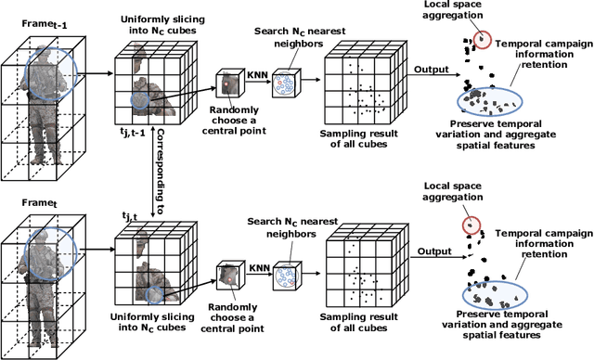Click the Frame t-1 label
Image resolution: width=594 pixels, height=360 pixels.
(x=45, y=24)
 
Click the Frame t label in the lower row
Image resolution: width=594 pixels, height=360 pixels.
(x=39, y=203)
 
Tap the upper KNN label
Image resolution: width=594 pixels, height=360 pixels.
(x=258, y=75)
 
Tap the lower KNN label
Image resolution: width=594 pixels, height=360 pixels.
(x=260, y=268)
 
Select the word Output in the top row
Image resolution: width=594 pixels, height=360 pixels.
(x=431, y=70)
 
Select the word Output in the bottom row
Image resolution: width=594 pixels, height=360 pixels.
(x=434, y=251)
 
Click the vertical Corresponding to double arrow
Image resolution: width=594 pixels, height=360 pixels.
(x=152, y=172)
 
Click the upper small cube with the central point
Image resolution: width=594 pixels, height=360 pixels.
(x=230, y=86)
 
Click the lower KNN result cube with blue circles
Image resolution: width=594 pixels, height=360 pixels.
(x=287, y=276)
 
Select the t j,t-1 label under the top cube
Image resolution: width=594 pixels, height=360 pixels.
(x=132, y=132)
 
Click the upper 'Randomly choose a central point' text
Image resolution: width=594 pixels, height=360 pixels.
(x=234, y=121)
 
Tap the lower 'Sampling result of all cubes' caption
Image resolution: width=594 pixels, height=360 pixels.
(x=359, y=322)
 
